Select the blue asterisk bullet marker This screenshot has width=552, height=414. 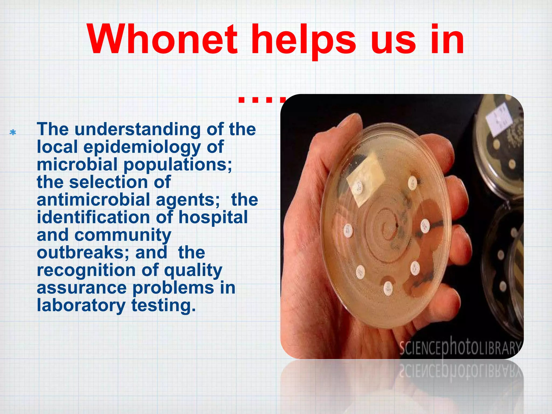[x=13, y=133]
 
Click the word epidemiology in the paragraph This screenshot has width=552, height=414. [x=142, y=147]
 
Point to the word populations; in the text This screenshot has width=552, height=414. [x=178, y=165]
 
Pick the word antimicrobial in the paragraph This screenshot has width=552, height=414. [x=93, y=200]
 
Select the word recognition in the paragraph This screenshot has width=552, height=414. [x=86, y=270]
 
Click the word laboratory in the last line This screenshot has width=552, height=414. [x=81, y=305]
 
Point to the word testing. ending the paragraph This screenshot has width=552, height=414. [x=163, y=305]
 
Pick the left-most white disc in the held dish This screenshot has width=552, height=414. [x=348, y=231]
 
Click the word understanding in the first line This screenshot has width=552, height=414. [x=137, y=129]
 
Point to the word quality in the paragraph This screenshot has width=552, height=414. [x=193, y=270]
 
